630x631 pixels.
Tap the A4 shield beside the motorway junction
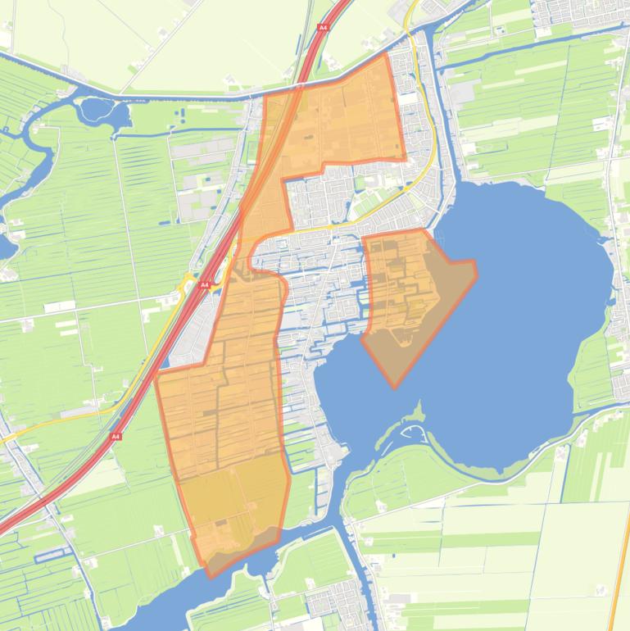(x=206, y=284)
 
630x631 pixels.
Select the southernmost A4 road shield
(x=116, y=436)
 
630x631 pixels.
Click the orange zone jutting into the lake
(x=410, y=295)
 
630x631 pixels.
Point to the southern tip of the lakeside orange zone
(x=396, y=387)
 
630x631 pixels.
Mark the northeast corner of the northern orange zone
(x=386, y=56)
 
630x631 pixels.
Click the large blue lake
(x=524, y=328)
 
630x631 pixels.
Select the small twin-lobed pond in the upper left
(x=98, y=111)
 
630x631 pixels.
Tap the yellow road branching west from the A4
(x=66, y=422)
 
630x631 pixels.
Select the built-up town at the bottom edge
(x=336, y=602)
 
